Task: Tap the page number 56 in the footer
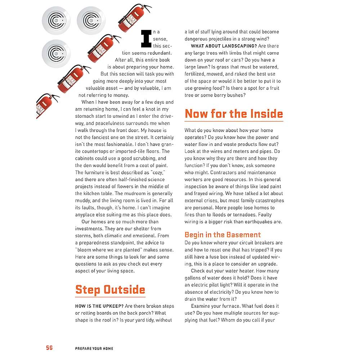click(49, 348)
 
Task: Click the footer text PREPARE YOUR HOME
click(94, 348)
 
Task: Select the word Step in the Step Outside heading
click(88, 290)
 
